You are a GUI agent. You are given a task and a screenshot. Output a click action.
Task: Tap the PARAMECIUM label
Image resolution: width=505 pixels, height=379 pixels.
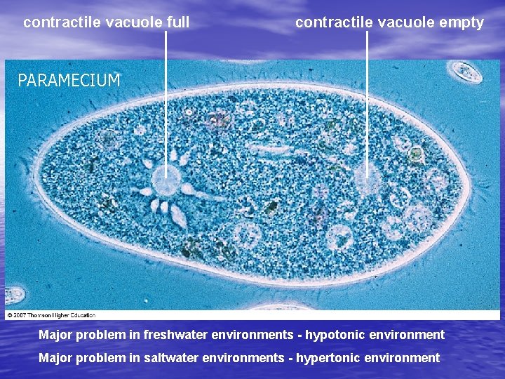click(69, 81)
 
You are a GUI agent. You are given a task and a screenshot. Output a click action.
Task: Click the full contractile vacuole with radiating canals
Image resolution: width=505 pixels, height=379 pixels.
click(166, 181)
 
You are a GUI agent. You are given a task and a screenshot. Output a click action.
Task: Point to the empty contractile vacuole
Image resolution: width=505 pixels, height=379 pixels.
click(367, 180)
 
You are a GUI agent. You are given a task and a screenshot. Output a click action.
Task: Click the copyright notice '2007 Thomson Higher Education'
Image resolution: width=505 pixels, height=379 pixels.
click(53, 315)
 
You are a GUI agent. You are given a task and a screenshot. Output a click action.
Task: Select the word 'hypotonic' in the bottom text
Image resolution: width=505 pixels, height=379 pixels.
click(333, 335)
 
